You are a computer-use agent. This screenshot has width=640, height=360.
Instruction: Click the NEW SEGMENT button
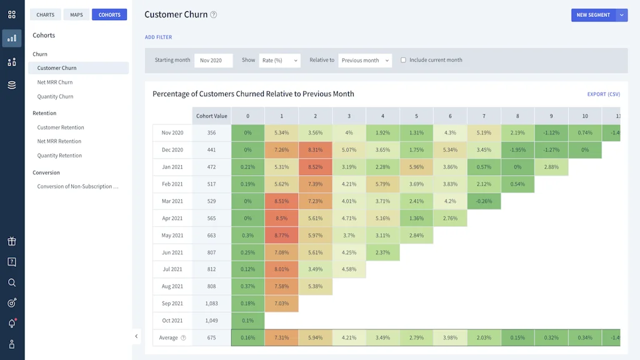[x=592, y=15]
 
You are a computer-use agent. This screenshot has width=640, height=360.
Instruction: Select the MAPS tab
[x=76, y=15]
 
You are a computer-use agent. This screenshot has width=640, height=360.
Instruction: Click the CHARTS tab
[x=46, y=15]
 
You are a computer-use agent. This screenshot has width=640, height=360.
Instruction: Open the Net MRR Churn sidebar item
[x=55, y=82]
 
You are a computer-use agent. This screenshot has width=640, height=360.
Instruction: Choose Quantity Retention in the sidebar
[x=59, y=156]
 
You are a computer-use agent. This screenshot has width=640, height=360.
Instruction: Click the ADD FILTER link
[x=158, y=37]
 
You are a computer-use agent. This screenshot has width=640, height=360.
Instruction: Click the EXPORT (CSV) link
[x=603, y=94]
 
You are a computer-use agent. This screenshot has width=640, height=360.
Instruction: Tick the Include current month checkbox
[x=403, y=61]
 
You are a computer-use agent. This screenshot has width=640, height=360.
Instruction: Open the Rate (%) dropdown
[x=279, y=61]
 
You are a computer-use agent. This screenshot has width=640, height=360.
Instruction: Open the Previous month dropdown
[x=365, y=61]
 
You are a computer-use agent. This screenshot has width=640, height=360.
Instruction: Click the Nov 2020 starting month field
[x=213, y=61]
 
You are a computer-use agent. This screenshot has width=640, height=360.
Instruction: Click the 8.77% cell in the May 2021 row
[x=281, y=236]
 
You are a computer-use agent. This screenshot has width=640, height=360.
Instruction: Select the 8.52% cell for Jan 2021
[x=315, y=167]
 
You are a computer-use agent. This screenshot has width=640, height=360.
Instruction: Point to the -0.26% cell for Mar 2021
[x=483, y=201]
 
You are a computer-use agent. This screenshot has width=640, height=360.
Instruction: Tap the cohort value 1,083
[x=211, y=304]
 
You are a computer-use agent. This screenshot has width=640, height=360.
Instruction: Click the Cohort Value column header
[x=211, y=116]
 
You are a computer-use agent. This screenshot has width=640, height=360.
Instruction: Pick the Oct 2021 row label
[x=172, y=321]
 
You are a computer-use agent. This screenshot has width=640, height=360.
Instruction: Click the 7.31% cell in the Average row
[x=281, y=338]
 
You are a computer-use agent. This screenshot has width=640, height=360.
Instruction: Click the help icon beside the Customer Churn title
[x=214, y=15]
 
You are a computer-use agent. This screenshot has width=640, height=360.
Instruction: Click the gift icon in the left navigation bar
[x=12, y=242]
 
